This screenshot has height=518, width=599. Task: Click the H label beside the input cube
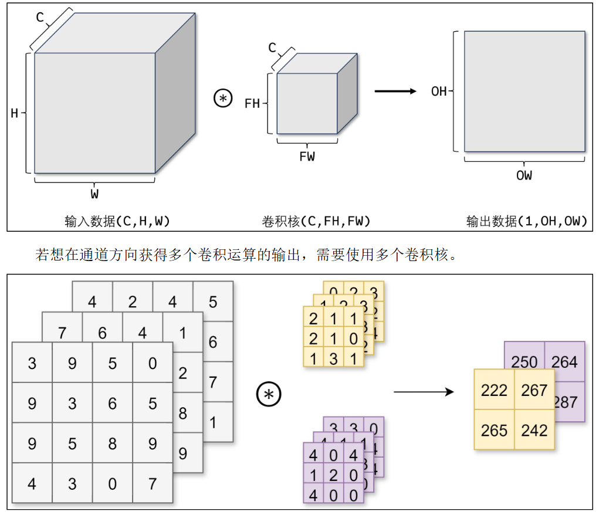pos(15,113)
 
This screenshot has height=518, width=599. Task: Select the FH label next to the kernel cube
pos(252,104)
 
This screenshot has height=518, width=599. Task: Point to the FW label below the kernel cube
pos(307,157)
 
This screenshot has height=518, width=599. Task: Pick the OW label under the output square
pos(524,175)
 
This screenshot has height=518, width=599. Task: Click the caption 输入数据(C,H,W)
pos(117,221)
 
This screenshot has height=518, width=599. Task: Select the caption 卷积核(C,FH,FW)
pos(316,221)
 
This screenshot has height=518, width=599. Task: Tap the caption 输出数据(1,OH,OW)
pos(526,221)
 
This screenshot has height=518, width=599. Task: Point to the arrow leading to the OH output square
pos(395,91)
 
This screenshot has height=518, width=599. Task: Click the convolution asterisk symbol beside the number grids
pos(269,395)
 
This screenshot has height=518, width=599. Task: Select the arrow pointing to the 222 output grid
pos(424,391)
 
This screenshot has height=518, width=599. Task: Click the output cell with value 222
pos(494,390)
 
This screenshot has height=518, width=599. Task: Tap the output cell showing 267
pos(534,390)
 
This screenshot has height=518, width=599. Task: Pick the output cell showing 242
pos(534,430)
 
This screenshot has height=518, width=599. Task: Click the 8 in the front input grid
pos(113,443)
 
